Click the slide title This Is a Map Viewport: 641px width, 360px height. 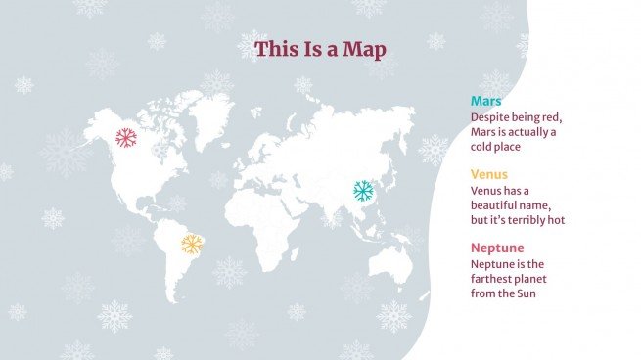(320, 48)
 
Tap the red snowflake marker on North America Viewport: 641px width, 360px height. (125, 138)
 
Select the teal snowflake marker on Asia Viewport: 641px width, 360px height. (363, 190)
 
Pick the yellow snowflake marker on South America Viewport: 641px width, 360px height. (193, 244)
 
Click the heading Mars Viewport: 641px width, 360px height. (486, 101)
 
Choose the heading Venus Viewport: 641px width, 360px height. (490, 174)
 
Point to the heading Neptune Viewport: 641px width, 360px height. (498, 247)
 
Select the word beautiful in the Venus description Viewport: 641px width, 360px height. (498, 205)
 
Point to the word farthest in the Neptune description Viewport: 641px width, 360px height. (494, 279)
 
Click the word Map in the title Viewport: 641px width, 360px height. (364, 48)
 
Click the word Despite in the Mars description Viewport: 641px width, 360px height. (491, 117)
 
